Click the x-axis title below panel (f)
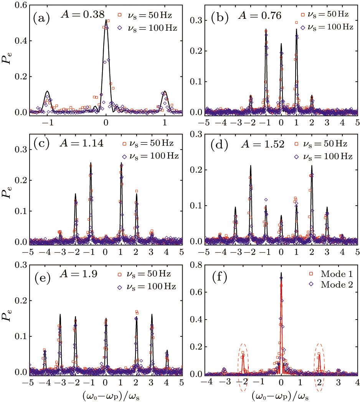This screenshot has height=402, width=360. (x=281, y=394)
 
